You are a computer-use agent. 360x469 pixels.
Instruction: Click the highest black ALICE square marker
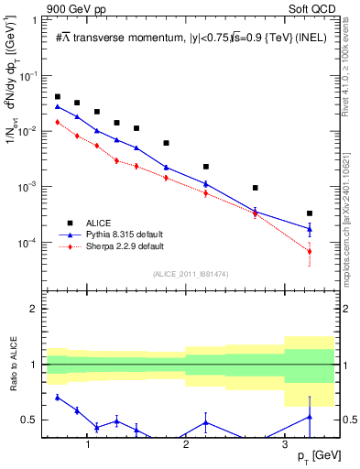click(58, 96)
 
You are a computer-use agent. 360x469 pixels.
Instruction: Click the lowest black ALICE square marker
click(310, 213)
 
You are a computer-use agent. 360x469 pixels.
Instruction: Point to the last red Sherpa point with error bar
click(310, 251)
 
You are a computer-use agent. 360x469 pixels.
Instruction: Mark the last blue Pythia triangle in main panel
click(310, 228)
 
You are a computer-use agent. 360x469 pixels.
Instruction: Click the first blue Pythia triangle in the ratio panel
click(58, 397)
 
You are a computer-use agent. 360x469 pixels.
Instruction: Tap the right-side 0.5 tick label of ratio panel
click(348, 420)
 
